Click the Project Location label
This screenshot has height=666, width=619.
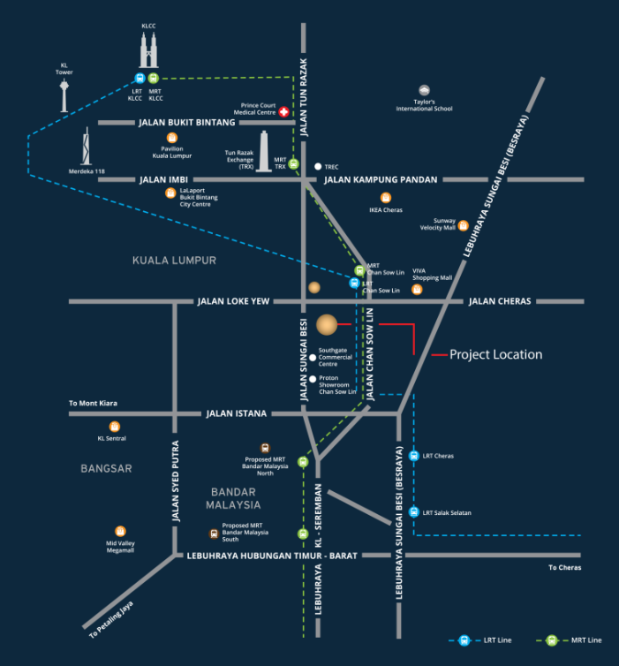click(495, 354)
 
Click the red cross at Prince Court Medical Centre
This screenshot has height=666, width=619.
click(284, 112)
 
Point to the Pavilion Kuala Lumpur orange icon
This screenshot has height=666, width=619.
click(171, 137)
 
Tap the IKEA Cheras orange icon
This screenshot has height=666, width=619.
click(385, 198)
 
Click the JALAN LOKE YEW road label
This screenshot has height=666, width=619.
click(233, 301)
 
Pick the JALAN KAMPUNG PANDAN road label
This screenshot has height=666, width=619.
click(381, 179)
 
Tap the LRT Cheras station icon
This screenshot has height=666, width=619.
click(413, 456)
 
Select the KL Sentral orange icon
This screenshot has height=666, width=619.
click(115, 427)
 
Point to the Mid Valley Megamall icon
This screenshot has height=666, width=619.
click(120, 531)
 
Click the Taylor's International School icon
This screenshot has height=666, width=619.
click(425, 90)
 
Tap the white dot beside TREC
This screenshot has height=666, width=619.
click(318, 166)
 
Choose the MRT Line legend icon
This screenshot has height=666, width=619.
click(551, 640)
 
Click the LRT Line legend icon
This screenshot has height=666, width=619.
click(464, 640)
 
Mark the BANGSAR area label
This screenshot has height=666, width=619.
click(106, 468)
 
